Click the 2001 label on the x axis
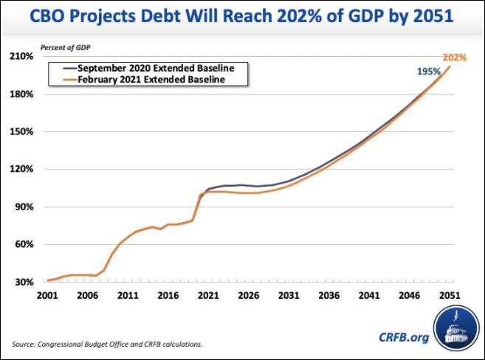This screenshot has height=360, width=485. coord(47,295)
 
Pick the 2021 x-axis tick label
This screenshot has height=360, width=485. coord(208,295)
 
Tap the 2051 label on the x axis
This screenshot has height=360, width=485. coord(450,295)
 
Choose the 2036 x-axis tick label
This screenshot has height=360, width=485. coord(329,295)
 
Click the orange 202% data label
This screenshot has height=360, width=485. coord(455,57)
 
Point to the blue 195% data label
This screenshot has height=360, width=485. coord(427,72)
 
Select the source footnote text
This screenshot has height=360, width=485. coord(107,344)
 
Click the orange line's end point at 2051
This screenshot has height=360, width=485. coord(450,67)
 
